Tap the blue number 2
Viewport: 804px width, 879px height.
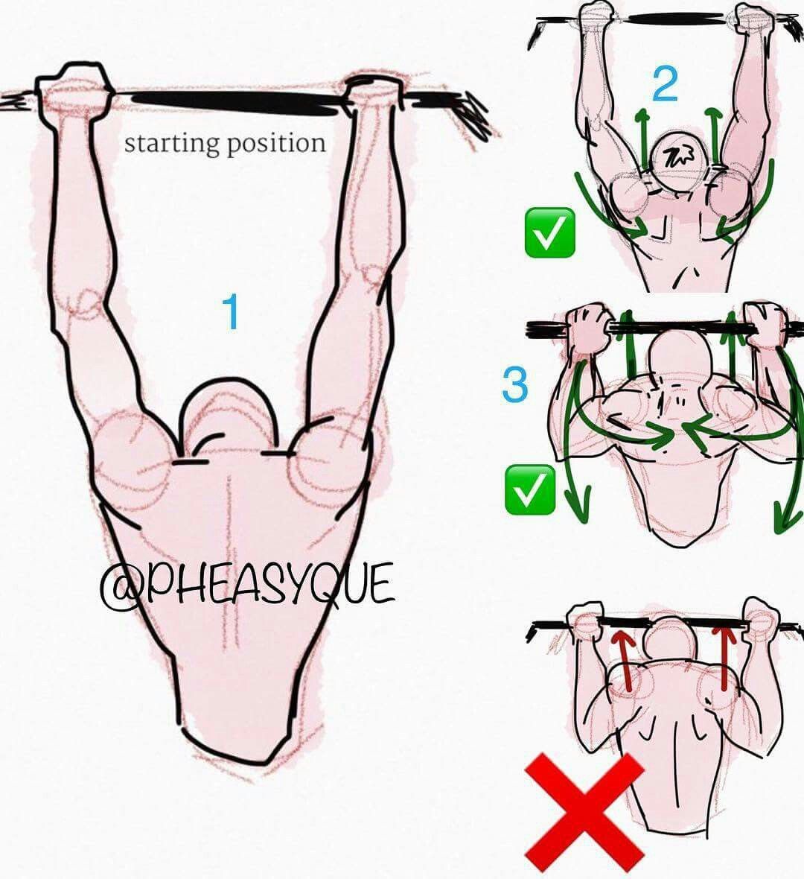click(665, 84)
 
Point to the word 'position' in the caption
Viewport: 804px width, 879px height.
click(275, 144)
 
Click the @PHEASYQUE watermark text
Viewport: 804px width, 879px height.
click(247, 584)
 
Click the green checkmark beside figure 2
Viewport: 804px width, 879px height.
click(549, 232)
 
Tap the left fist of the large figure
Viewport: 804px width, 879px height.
click(74, 89)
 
